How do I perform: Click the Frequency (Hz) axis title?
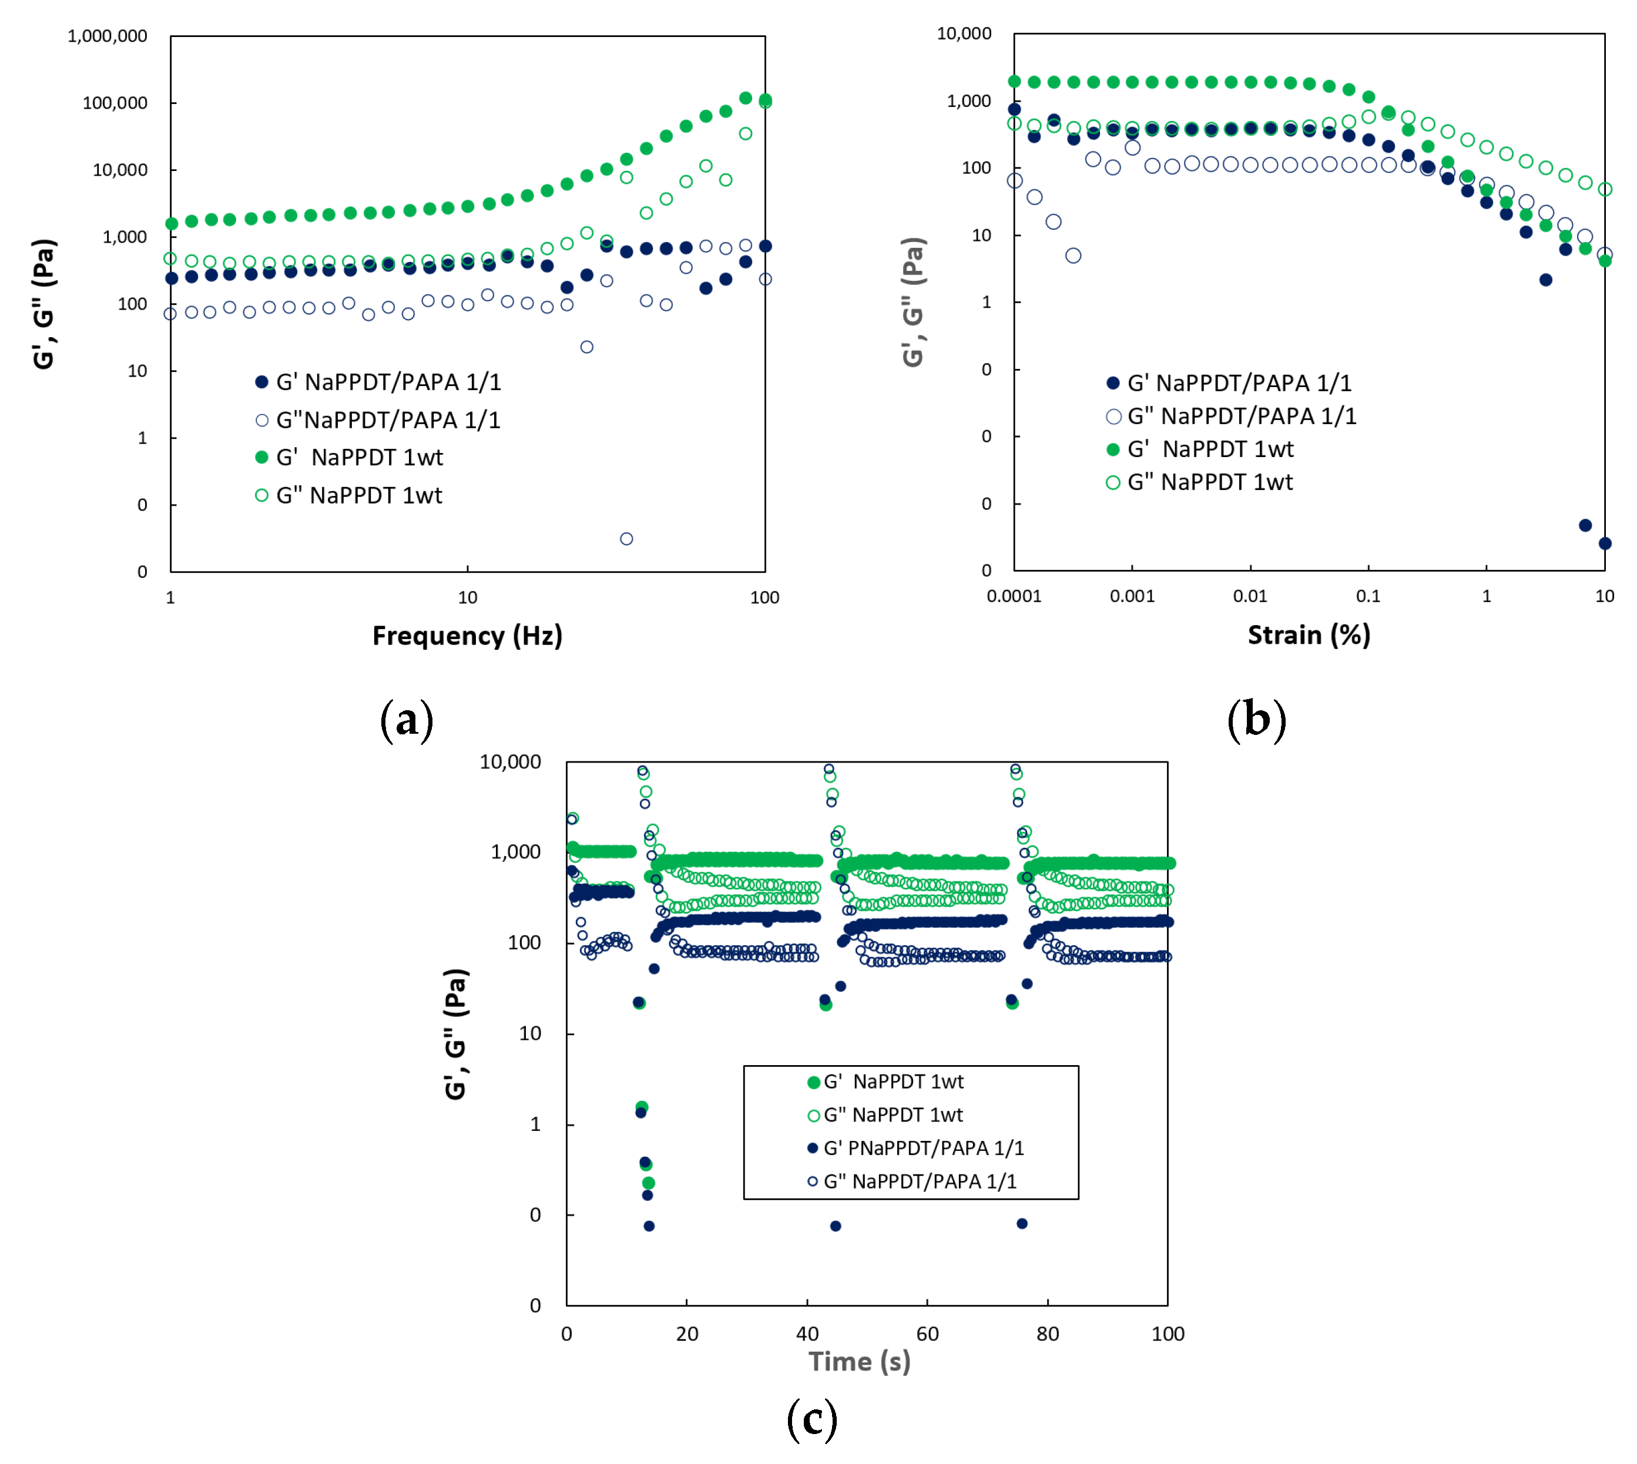coord(467,636)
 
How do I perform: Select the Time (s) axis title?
coord(858,1361)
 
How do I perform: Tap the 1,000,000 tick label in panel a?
coord(107,36)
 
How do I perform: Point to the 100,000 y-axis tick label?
coord(115,103)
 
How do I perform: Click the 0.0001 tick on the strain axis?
coord(1014,596)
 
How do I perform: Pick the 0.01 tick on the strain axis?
coord(1249,596)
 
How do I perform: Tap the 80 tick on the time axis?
coord(1047,1334)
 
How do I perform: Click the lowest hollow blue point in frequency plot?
coord(626,539)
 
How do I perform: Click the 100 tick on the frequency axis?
coord(764,597)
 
